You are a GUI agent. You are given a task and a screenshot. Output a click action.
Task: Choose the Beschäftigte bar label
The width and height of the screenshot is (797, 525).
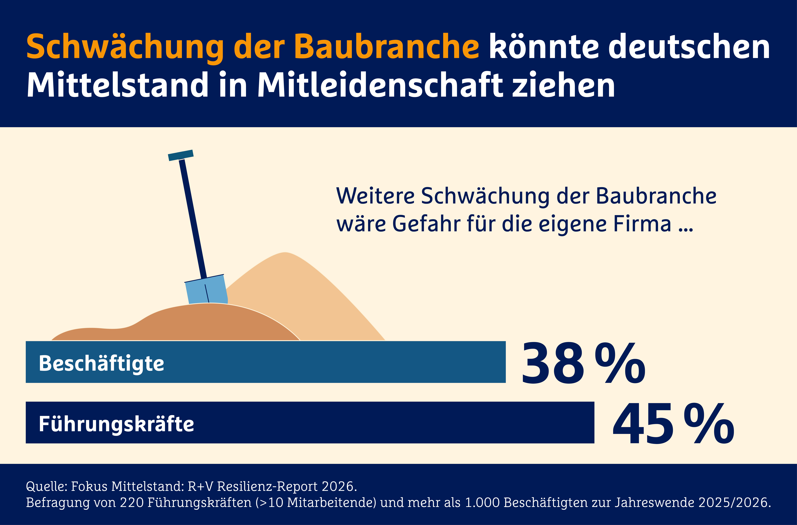(x=101, y=364)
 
